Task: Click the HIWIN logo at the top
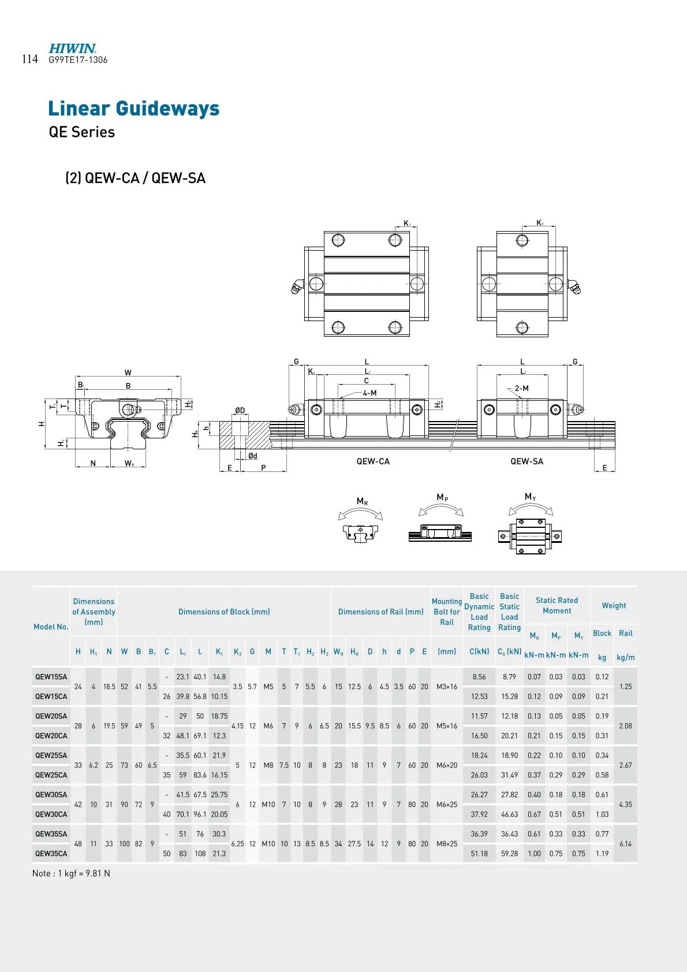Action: (72, 49)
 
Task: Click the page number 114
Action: (30, 59)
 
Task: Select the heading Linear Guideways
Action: (133, 109)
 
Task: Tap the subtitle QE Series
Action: (81, 132)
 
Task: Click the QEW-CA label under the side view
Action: (373, 461)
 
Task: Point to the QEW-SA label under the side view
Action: (527, 461)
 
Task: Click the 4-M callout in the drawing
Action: (369, 393)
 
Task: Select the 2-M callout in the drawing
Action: (522, 388)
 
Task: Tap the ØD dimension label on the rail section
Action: (240, 410)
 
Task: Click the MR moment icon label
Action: (362, 501)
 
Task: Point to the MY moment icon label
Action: (530, 497)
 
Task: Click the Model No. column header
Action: (51, 627)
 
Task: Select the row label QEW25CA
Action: (51, 775)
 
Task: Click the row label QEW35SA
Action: (51, 834)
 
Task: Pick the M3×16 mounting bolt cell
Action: (447, 687)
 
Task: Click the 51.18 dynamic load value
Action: (479, 854)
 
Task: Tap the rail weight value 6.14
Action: (625, 844)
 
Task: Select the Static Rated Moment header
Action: (557, 605)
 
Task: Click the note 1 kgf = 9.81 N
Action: (71, 873)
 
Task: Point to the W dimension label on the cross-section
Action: (128, 373)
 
